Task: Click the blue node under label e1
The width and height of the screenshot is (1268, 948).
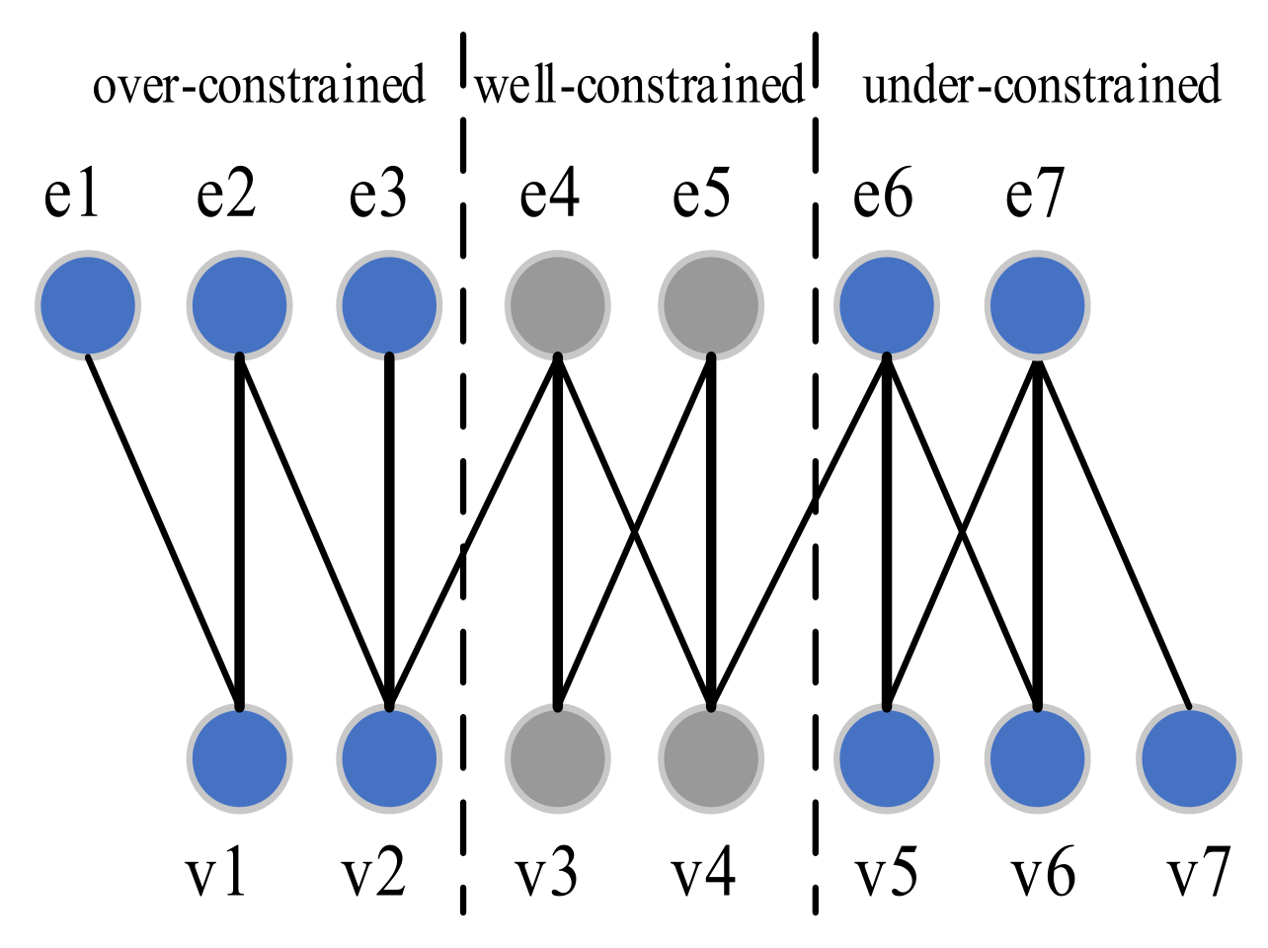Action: tap(87, 305)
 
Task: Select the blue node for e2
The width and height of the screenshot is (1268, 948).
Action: tap(239, 305)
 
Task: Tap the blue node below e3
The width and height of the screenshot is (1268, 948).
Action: tap(388, 305)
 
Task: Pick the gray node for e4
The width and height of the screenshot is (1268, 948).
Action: tap(557, 305)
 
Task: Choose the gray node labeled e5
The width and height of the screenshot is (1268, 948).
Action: tap(711, 305)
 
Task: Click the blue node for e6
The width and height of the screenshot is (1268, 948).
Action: tap(886, 305)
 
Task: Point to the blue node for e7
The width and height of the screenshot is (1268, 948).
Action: tap(1037, 305)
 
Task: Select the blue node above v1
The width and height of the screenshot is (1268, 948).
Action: tap(239, 758)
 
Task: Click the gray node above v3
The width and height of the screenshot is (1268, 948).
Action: tap(557, 758)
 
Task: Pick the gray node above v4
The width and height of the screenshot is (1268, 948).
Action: tap(711, 758)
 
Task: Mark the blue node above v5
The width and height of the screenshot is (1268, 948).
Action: tap(886, 758)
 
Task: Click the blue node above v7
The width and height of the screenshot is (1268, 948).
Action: tap(1189, 758)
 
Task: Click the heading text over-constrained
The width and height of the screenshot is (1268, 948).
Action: tap(259, 85)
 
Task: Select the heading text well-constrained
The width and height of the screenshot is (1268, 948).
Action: tap(640, 85)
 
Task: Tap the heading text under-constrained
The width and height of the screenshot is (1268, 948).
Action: tap(1042, 85)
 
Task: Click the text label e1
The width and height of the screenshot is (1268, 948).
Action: tap(72, 195)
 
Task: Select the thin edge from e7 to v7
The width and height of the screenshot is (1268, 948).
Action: tap(1113, 534)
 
